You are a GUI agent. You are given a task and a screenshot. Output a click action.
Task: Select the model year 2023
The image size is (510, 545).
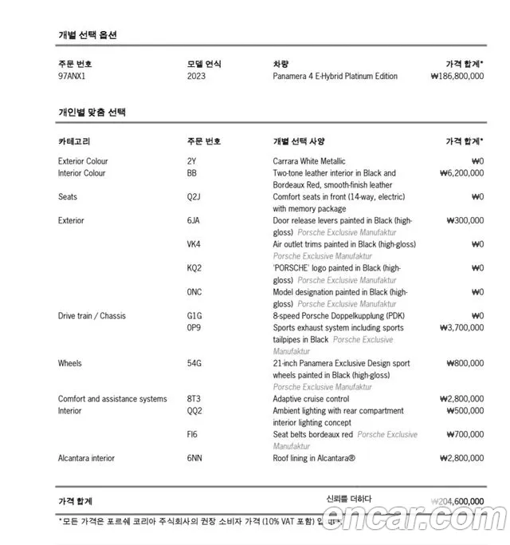coord(196,77)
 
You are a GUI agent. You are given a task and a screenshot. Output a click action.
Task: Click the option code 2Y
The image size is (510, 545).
coord(191,161)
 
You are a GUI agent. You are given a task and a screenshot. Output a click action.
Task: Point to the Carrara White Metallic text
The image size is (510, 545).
coord(309,161)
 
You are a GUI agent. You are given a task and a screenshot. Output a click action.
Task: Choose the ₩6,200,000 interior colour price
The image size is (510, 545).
coord(461,173)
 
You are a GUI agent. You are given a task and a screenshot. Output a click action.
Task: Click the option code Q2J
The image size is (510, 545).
coord(194,197)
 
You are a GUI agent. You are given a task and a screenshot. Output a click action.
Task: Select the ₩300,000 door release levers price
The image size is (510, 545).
coord(464,221)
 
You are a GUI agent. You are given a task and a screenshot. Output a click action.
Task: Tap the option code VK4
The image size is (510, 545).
coord(194,244)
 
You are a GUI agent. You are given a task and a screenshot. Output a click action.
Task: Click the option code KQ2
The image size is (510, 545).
coord(194,268)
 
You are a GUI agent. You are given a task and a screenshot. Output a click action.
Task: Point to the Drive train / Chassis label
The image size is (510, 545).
coord(92,316)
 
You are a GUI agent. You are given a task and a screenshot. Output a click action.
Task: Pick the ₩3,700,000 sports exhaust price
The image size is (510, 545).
coord(461,328)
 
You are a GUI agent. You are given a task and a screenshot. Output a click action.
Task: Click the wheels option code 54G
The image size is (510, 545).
coord(194,364)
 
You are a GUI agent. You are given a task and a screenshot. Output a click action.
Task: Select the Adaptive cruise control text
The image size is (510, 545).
coord(311,399)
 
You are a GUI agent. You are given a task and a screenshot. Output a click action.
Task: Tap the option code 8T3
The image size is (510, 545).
coord(194,399)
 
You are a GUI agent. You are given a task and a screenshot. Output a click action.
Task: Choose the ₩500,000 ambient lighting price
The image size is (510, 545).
coord(464,411)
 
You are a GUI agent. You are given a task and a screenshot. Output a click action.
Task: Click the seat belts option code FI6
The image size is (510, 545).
coord(192,435)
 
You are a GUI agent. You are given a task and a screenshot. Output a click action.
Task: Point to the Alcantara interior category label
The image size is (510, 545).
coord(86,458)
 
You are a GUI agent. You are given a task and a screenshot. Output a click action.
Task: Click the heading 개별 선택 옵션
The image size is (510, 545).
coord(88,35)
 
